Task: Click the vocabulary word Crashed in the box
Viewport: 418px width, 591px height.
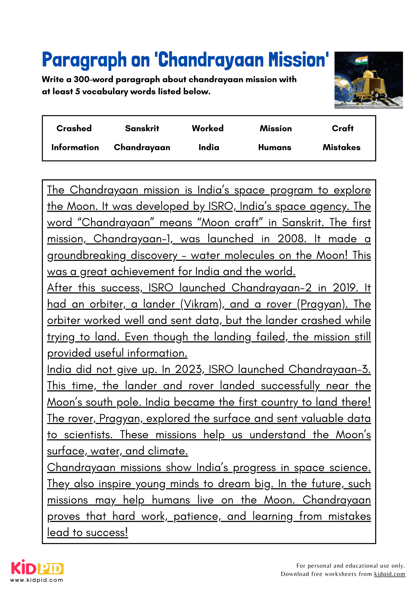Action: tap(74, 128)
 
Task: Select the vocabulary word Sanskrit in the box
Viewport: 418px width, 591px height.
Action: tap(142, 128)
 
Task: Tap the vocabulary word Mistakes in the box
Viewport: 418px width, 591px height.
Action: tap(341, 147)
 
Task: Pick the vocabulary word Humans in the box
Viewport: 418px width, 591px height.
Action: tap(275, 147)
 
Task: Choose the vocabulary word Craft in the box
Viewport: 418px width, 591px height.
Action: tap(343, 128)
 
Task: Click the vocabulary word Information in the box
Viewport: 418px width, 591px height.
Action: tap(75, 147)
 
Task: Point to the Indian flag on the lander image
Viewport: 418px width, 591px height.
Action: tap(361, 60)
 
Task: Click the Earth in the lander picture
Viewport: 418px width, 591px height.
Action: tap(343, 89)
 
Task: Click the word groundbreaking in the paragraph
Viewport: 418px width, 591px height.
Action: tap(87, 255)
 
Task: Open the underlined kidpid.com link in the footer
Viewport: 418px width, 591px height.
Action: tap(390, 574)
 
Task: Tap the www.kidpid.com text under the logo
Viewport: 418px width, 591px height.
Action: tap(37, 580)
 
